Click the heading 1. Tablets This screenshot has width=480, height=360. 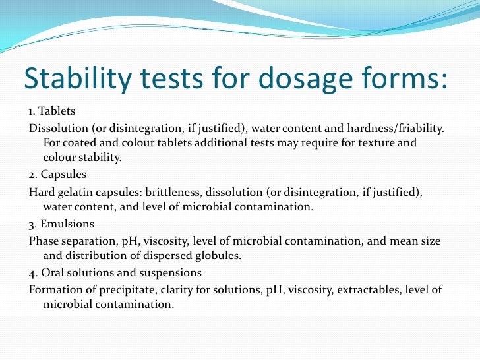tap(52, 111)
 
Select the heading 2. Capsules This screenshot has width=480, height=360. tap(57, 175)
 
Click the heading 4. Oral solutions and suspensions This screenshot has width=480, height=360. tap(115, 272)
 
